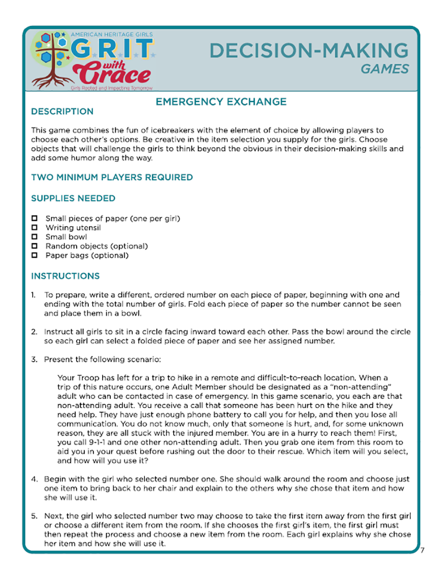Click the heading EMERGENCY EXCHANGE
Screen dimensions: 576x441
click(x=221, y=102)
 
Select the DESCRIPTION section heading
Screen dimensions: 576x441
click(x=62, y=112)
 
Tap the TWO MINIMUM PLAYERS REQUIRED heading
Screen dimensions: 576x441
click(x=112, y=177)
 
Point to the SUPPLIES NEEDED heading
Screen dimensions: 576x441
click(x=73, y=198)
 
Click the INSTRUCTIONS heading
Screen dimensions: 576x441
click(x=65, y=276)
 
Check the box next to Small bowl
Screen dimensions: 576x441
click(x=34, y=237)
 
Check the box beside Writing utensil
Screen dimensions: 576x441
click(x=34, y=228)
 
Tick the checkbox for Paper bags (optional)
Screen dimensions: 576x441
click(x=34, y=255)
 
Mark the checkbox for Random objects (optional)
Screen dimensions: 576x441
click(x=34, y=246)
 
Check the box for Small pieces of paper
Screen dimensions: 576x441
click(x=34, y=219)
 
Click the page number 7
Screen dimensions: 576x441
click(x=422, y=550)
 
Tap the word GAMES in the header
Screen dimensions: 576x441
click(x=385, y=69)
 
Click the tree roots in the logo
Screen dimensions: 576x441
click(x=50, y=80)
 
